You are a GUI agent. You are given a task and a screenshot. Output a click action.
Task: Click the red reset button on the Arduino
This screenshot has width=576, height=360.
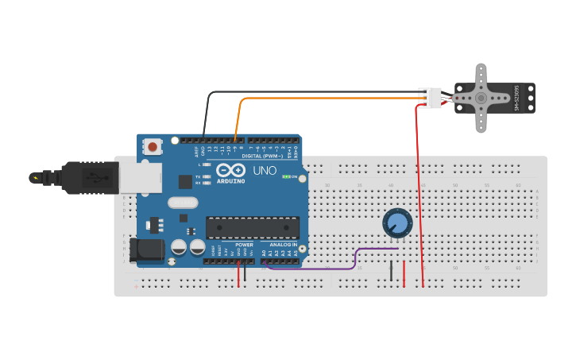click(152, 147)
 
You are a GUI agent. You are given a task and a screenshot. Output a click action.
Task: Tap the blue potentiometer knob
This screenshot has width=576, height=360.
click(396, 223)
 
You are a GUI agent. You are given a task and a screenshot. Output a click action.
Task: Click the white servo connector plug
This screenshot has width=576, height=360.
click(431, 98)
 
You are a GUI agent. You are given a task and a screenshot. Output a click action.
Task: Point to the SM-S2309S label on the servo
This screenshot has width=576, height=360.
click(516, 98)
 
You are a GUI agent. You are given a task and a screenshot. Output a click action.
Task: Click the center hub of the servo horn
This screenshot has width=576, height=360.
click(480, 98)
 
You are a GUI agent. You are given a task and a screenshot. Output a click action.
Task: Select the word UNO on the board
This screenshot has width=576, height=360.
click(265, 170)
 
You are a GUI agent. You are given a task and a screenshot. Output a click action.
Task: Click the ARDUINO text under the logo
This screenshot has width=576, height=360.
click(230, 180)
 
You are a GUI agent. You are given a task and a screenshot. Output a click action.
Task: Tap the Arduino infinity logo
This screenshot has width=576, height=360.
click(230, 170)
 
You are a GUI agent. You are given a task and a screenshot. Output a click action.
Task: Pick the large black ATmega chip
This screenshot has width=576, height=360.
click(253, 227)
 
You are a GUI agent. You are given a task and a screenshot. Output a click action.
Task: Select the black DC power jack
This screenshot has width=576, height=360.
click(147, 250)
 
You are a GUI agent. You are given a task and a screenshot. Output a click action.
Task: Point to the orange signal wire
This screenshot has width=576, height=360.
click(318, 99)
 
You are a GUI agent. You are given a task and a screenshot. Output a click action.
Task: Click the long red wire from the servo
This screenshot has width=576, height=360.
click(419, 199)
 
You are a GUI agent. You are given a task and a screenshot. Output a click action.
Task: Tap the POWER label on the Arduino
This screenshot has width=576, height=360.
click(244, 245)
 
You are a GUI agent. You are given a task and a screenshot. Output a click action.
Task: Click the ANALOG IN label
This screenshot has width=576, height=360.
click(283, 245)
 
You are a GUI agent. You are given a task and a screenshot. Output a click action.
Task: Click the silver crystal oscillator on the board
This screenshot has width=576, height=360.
click(183, 203)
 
